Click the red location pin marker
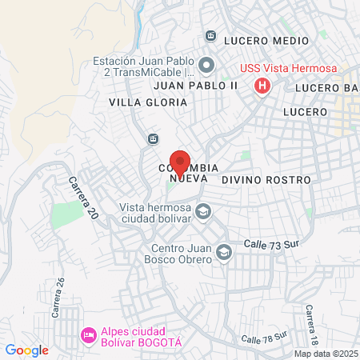pyautogui.click(x=180, y=162)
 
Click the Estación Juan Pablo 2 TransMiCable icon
pyautogui.click(x=206, y=65)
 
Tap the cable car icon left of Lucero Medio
pyautogui.click(x=211, y=36)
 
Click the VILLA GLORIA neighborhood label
pyautogui.click(x=148, y=102)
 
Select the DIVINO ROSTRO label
pyautogui.click(x=266, y=181)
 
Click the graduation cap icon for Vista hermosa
pyautogui.click(x=203, y=211)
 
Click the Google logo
pyautogui.click(x=26, y=350)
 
